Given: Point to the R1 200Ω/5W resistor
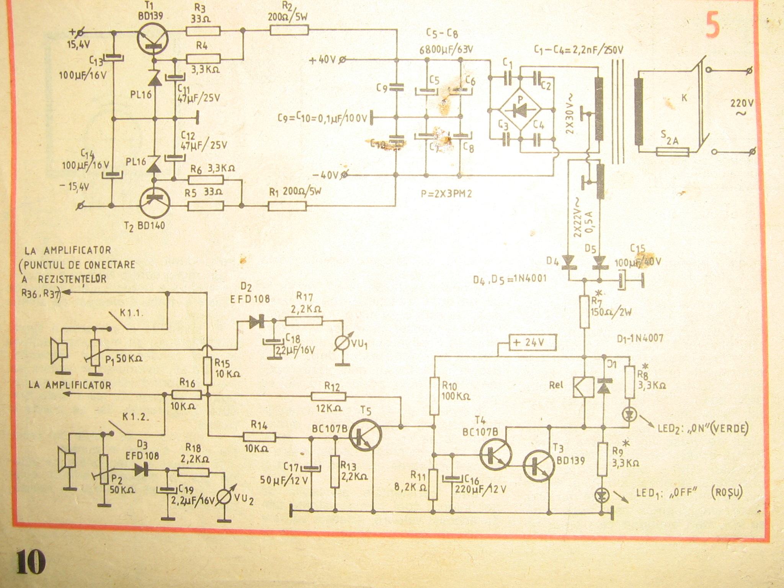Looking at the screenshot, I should [x=287, y=207].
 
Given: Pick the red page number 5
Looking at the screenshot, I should [x=713, y=28].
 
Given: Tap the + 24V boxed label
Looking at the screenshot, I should [x=529, y=342].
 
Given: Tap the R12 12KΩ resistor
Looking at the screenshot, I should [x=328, y=396].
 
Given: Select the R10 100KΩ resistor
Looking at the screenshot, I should [x=434, y=396].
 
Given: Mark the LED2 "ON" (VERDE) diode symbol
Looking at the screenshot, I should [x=629, y=415].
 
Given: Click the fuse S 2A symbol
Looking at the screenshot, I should [x=673, y=152].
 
